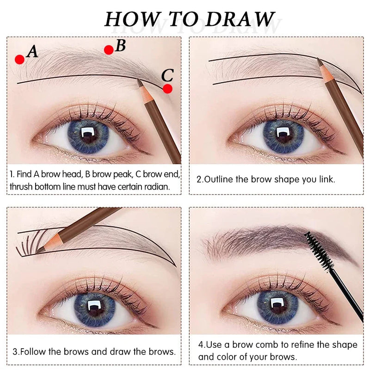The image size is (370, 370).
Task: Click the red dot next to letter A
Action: [x=19, y=59]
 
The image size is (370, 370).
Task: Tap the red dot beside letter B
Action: [x=109, y=50]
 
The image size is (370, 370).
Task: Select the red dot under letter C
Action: [x=167, y=89]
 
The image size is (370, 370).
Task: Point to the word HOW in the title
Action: [x=128, y=19]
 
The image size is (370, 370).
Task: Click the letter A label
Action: [x=32, y=51]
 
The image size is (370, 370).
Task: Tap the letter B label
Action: [x=121, y=45]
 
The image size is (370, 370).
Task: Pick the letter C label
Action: [x=167, y=74]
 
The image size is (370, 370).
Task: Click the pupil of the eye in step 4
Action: [x=276, y=307]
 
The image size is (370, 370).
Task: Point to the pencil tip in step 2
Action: [x=319, y=61]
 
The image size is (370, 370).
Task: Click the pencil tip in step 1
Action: [x=139, y=82]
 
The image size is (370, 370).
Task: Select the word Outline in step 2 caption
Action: [x=219, y=179]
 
